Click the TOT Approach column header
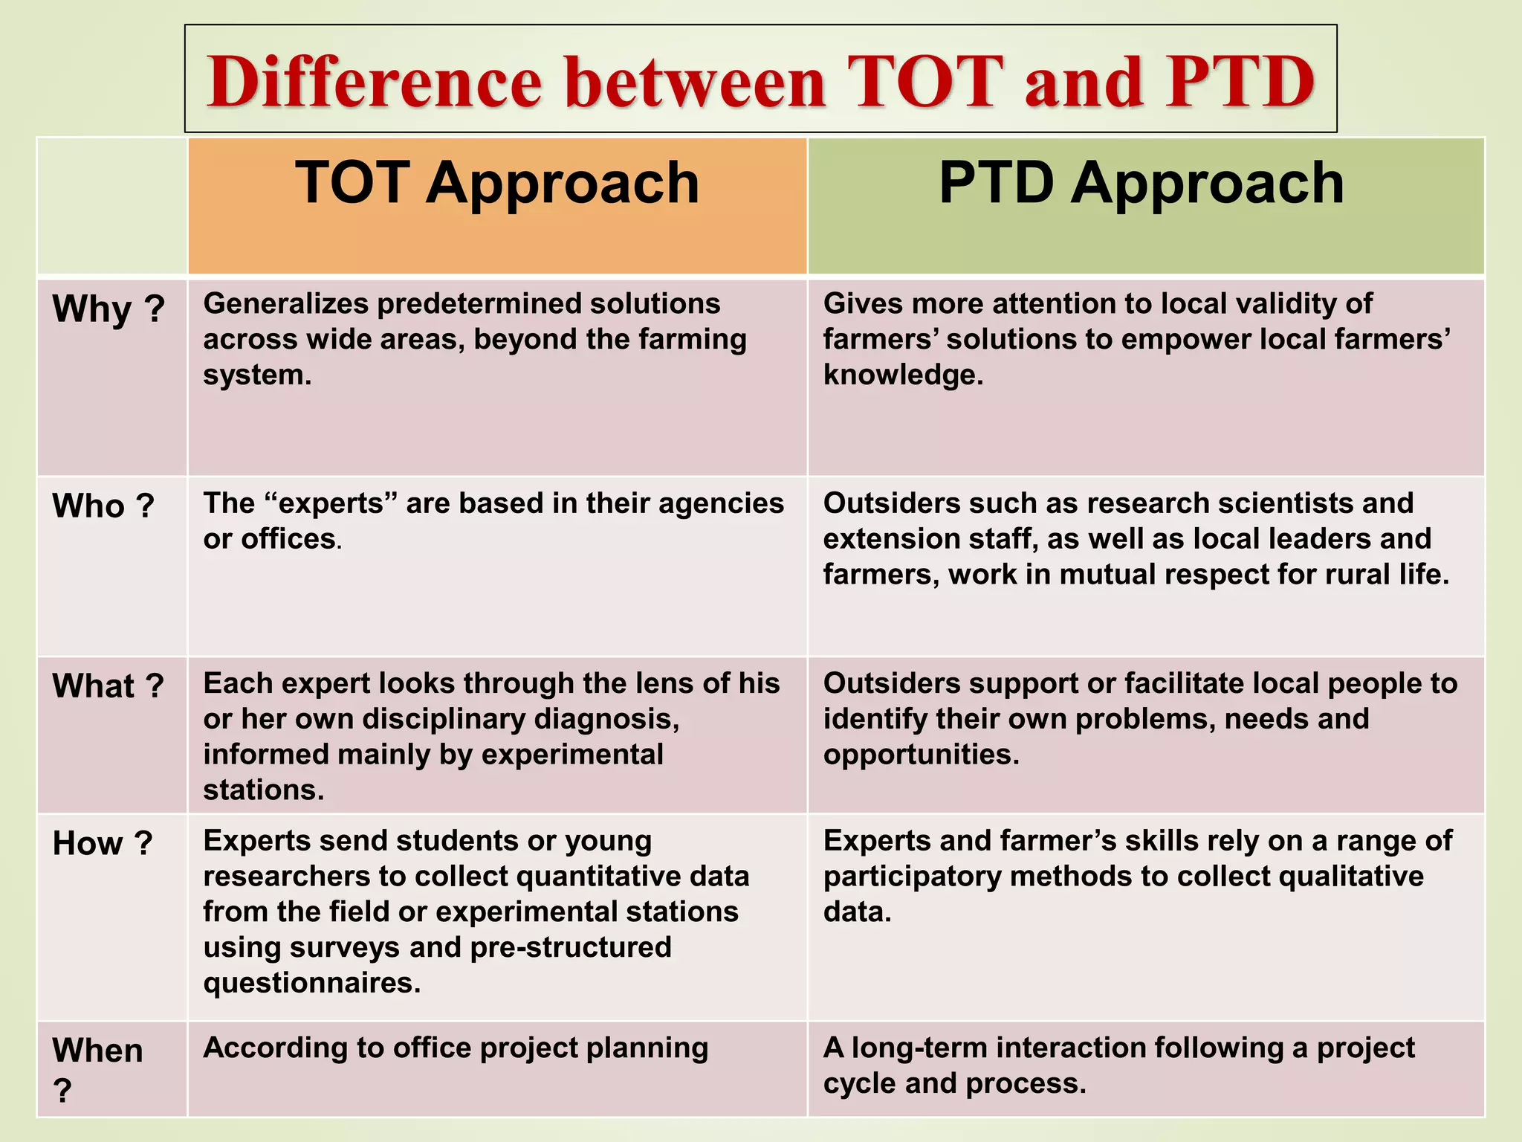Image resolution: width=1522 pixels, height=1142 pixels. (x=497, y=183)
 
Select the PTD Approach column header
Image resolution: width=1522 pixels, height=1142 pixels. (x=1141, y=183)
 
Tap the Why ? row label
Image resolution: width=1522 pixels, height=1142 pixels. (x=109, y=309)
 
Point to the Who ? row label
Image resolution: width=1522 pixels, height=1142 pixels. (x=103, y=506)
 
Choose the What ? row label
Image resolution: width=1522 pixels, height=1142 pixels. (x=108, y=686)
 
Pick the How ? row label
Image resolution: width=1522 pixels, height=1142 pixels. (x=103, y=844)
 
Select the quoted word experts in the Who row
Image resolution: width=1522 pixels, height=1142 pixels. (x=331, y=504)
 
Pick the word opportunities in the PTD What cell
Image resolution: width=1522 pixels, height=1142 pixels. (x=920, y=755)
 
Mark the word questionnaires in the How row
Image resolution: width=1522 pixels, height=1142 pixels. (x=311, y=984)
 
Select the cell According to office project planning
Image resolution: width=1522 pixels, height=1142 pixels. (x=455, y=1048)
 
